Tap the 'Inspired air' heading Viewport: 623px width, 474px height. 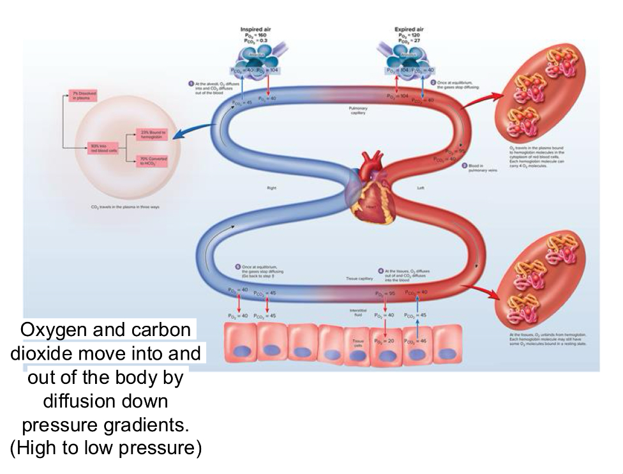[256, 28]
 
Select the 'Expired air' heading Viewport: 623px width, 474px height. [412, 28]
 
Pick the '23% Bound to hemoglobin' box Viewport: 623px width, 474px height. [153, 134]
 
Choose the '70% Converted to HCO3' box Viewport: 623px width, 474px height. [153, 161]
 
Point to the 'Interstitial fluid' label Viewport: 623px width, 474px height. [357, 313]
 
